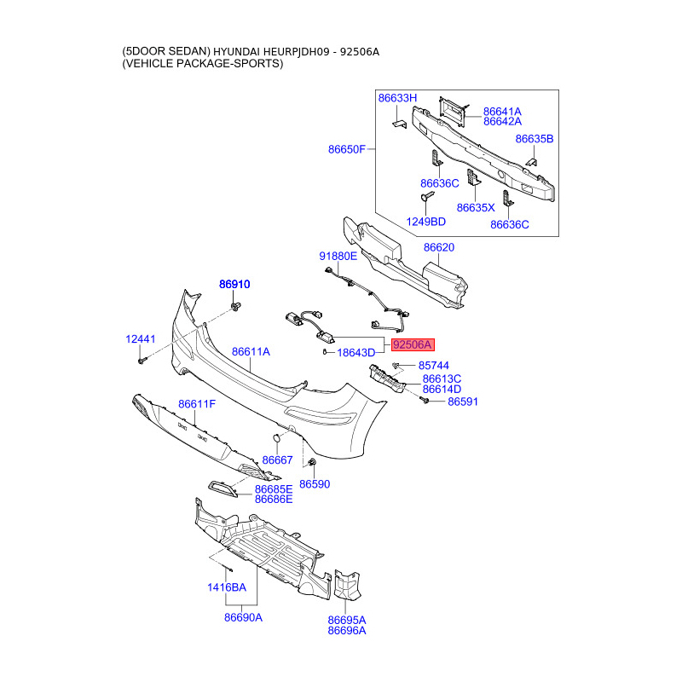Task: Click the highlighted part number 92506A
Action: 413,344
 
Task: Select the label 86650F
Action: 347,150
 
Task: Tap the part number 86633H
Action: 398,99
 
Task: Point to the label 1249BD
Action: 426,222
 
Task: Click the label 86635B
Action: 535,138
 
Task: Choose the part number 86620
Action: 439,248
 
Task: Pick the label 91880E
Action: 338,256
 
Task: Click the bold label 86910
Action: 234,285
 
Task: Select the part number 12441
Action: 141,339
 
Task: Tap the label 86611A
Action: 250,351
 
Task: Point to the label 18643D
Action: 356,353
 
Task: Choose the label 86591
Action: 466,401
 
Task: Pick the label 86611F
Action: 197,404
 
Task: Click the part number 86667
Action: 277,460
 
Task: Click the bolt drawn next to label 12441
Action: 141,361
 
